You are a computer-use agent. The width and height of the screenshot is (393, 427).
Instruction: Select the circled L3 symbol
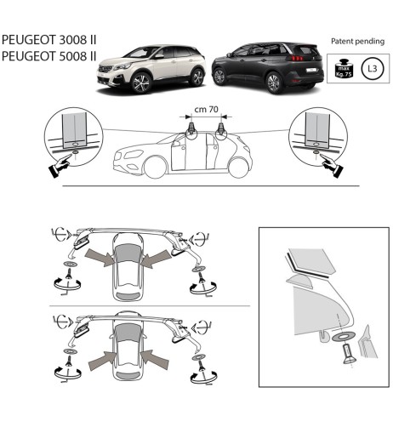click(371, 65)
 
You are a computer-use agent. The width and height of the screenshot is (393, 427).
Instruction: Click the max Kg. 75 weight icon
click(343, 65)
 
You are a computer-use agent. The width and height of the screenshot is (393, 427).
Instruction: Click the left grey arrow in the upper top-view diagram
click(102, 257)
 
